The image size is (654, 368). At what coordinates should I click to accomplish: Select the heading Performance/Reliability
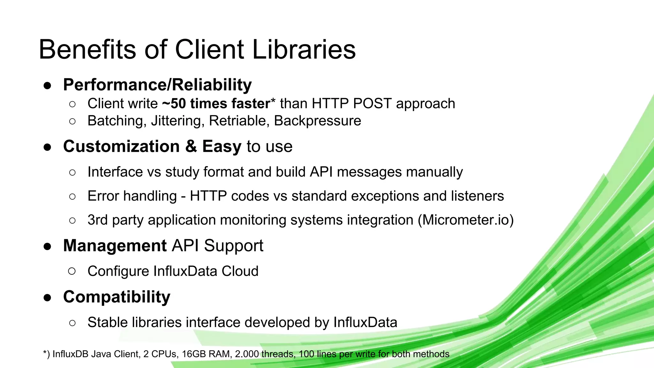tap(157, 85)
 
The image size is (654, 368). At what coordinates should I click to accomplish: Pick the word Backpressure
tap(317, 121)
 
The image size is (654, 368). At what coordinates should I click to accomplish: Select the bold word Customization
tap(121, 146)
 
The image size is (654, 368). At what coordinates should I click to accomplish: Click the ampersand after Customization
tap(191, 146)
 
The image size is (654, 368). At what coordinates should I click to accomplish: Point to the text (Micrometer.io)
tap(466, 220)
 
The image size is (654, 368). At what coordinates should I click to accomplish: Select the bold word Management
tap(115, 246)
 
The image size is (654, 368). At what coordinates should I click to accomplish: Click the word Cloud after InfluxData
tap(240, 271)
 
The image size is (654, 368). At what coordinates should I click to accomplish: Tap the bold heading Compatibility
tap(117, 297)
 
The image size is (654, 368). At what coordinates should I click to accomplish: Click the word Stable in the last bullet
tap(107, 322)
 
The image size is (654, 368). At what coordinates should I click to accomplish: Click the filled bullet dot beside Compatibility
tap(47, 298)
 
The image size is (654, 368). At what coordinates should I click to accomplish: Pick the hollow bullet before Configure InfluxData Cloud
tap(72, 272)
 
